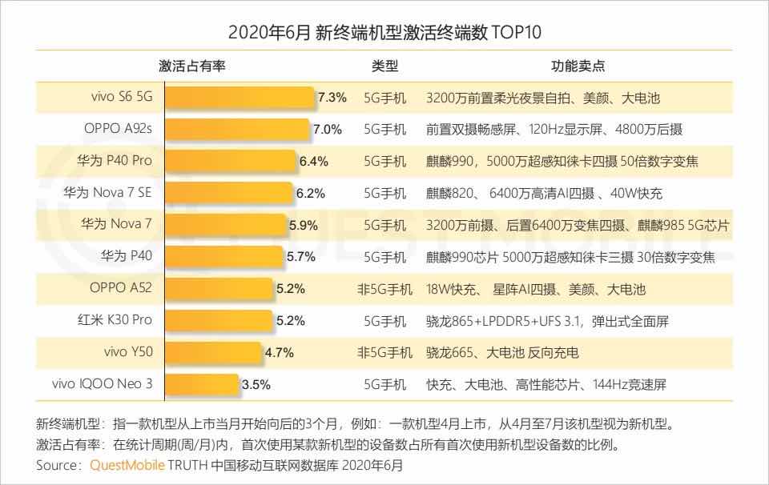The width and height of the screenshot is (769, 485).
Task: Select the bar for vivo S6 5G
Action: (x=237, y=98)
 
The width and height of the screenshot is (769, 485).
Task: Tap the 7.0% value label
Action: (x=328, y=129)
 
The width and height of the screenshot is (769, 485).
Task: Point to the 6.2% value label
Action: (x=311, y=193)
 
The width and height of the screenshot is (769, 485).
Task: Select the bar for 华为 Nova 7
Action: (x=222, y=225)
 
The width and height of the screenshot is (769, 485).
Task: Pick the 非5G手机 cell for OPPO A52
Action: (x=384, y=288)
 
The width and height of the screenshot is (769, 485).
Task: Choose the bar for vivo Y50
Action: (x=210, y=352)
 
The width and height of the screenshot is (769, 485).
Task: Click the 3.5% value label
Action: (x=256, y=384)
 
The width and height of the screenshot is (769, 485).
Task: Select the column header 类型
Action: (x=384, y=66)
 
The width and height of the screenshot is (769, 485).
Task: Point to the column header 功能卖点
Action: (x=578, y=66)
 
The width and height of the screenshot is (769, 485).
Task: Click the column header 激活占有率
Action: (x=192, y=66)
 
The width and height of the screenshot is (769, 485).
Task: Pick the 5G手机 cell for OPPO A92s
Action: (x=384, y=129)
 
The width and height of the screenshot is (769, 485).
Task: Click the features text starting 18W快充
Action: (x=536, y=288)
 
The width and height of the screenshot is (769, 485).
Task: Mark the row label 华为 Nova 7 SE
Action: (x=107, y=193)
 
